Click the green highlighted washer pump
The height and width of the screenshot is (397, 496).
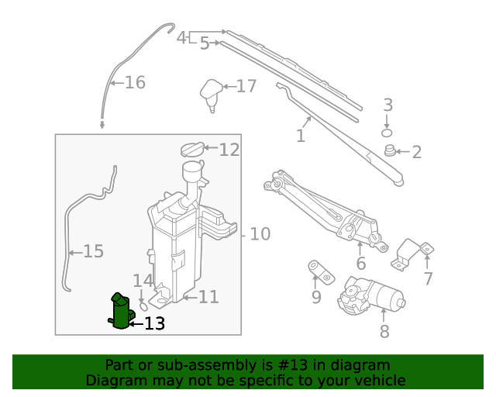(x=120, y=312)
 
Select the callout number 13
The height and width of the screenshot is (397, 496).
(x=155, y=323)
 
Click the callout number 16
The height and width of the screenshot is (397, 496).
(x=135, y=82)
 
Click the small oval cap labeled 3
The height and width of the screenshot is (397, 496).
(x=387, y=133)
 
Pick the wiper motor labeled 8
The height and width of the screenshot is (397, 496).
(x=372, y=295)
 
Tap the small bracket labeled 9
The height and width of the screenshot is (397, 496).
(x=319, y=271)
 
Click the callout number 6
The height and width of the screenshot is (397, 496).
(x=361, y=264)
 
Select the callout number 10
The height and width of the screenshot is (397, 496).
(x=260, y=233)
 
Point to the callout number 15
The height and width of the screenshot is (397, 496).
(x=93, y=251)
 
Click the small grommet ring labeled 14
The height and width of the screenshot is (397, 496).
(x=143, y=306)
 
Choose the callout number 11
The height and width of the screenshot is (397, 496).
(x=208, y=296)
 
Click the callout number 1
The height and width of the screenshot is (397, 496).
(x=300, y=136)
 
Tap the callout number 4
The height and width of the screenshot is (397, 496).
(x=181, y=37)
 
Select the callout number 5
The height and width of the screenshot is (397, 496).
(x=205, y=43)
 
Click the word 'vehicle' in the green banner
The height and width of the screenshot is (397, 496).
(x=377, y=380)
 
